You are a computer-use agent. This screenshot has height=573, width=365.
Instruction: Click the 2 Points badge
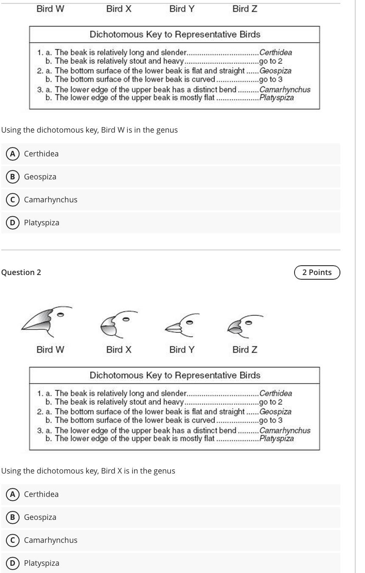[x=317, y=272]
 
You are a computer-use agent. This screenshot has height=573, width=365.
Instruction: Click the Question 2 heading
[x=21, y=272]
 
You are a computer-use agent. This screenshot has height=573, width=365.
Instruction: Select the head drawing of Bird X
[x=115, y=325]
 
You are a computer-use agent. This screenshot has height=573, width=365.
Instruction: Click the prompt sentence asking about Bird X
[x=88, y=471]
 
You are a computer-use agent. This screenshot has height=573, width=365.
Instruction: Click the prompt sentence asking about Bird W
[x=90, y=130]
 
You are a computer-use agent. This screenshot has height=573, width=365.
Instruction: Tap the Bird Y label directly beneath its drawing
[x=182, y=350]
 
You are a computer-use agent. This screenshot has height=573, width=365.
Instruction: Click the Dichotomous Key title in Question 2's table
[x=175, y=375]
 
